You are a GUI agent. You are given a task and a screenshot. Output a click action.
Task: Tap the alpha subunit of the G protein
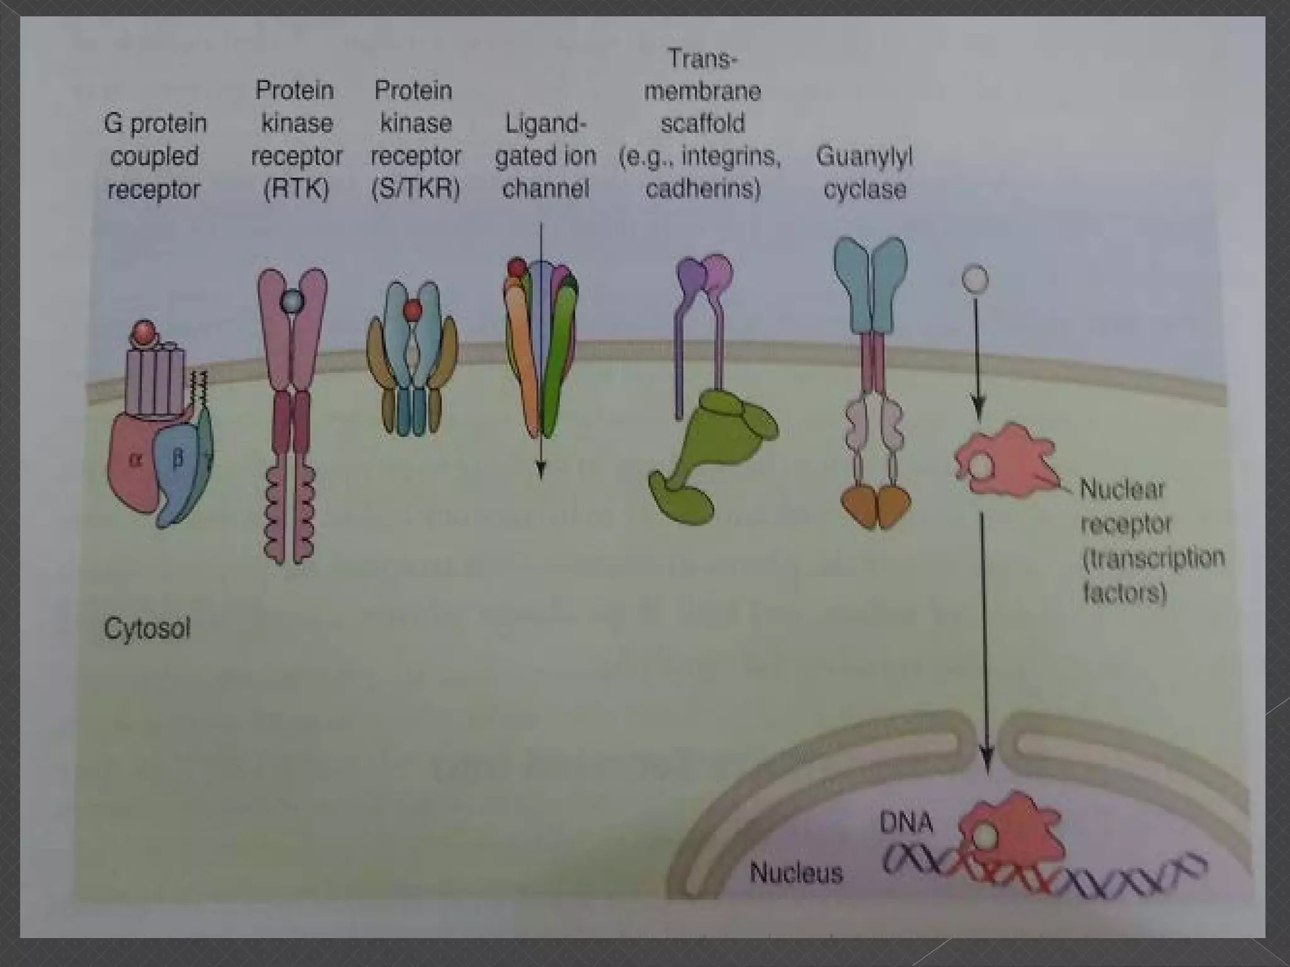click(134, 463)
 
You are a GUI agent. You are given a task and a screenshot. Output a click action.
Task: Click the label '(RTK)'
click(296, 189)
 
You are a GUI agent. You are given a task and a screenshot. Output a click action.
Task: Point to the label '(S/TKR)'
click(415, 189)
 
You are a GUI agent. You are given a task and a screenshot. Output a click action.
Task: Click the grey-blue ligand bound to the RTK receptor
click(292, 302)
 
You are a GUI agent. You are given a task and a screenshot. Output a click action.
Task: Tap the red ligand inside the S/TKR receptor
click(413, 310)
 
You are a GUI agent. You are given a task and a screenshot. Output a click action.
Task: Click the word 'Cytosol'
click(147, 628)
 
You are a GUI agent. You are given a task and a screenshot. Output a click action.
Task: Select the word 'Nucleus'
click(796, 873)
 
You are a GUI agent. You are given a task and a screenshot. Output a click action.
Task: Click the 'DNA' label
click(906, 823)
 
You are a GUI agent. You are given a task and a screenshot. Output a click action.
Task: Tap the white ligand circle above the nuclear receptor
click(975, 278)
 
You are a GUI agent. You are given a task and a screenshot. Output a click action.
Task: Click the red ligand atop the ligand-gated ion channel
click(517, 268)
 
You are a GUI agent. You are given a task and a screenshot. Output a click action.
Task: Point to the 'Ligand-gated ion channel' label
click(545, 156)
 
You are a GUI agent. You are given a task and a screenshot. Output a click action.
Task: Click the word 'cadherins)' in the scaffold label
click(703, 189)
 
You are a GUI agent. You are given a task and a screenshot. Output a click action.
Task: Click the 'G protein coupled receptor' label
click(155, 156)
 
